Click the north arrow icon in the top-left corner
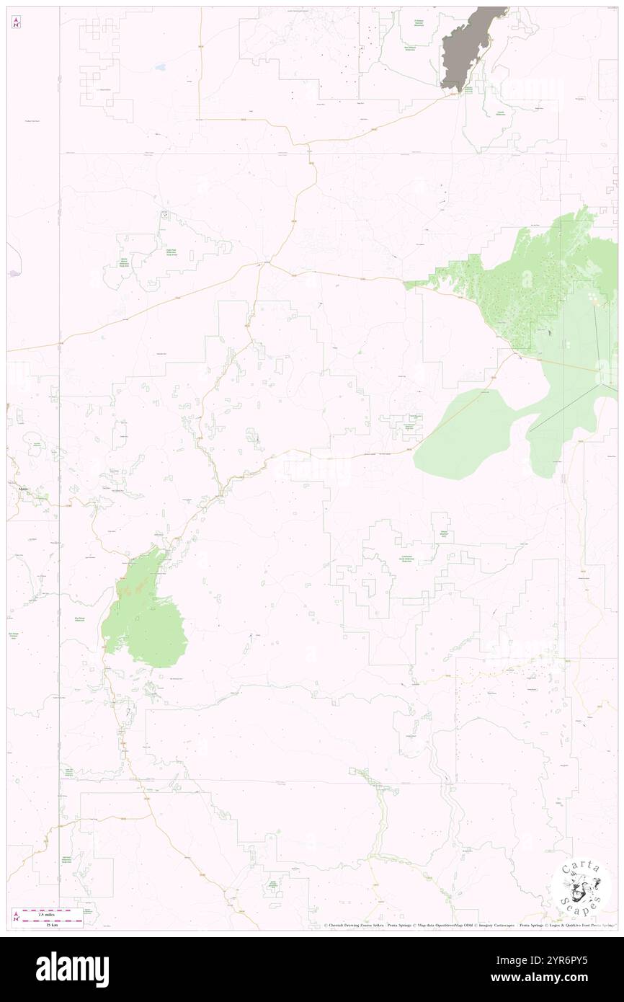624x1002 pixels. point(16,22)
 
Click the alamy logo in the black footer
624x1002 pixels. point(72,969)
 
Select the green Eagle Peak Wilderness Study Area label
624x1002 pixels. point(172,253)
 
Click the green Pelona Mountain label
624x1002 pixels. point(444,535)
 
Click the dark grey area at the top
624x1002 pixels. point(468,43)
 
